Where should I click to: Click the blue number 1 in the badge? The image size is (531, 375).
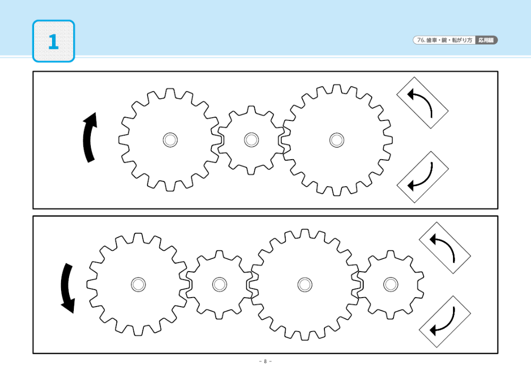pos(53,42)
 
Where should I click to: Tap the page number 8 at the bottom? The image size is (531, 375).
pos(265,361)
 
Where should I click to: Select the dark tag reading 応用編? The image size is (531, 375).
pos(486,40)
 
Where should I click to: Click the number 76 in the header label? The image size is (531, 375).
pos(421,40)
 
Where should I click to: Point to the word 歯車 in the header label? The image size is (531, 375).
pos(432,40)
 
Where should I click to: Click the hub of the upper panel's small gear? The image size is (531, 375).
pos(251,139)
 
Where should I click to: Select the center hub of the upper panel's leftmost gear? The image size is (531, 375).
pos(170,139)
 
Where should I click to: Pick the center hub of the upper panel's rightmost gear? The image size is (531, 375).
pos(337,139)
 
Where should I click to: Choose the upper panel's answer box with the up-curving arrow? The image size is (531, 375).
pos(422,103)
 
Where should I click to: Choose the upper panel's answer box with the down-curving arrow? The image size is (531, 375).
pos(422,177)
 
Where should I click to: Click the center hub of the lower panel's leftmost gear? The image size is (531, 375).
pos(138,284)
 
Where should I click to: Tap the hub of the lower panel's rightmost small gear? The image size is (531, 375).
pos(390,284)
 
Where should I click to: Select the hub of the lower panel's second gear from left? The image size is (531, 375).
pos(219,284)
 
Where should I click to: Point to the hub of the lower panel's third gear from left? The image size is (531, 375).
pos(305,284)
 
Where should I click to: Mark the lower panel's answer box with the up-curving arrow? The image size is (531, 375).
pos(444,248)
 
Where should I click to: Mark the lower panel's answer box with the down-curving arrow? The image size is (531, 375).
pos(444,321)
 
